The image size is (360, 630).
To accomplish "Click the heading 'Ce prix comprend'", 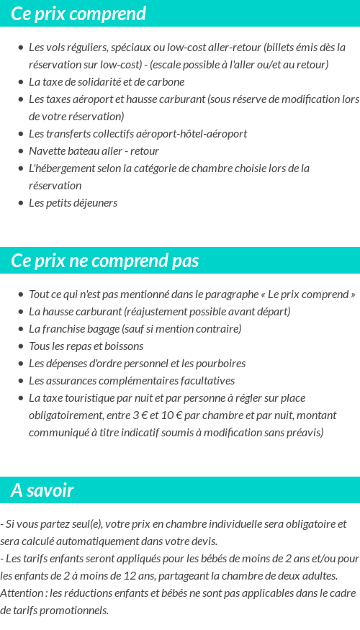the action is click(x=78, y=14).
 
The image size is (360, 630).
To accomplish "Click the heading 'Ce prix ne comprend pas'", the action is click(x=105, y=261).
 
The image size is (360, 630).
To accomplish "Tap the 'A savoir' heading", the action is click(x=42, y=490).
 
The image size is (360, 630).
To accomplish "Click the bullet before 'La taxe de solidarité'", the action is click(x=20, y=82).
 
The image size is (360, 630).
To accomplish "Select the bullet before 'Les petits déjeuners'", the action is click(x=20, y=203).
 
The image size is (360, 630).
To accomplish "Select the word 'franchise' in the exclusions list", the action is click(x=71, y=329).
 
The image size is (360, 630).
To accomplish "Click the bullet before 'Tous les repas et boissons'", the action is click(x=20, y=346).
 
